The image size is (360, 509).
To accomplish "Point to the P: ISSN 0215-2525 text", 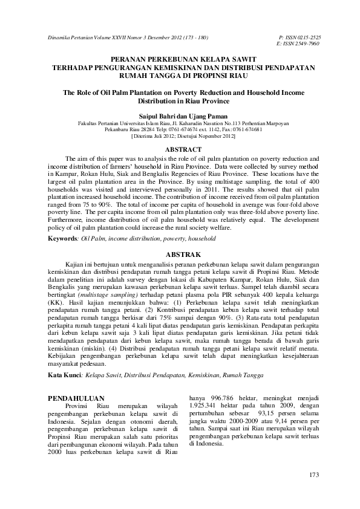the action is (x=299, y=37).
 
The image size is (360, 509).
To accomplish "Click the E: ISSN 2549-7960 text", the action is (x=299, y=44).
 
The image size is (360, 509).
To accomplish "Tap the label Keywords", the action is (x=64, y=239).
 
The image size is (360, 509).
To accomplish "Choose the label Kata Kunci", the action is (x=65, y=375).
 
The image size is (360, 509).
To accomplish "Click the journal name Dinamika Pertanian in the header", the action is (x=70, y=37).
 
